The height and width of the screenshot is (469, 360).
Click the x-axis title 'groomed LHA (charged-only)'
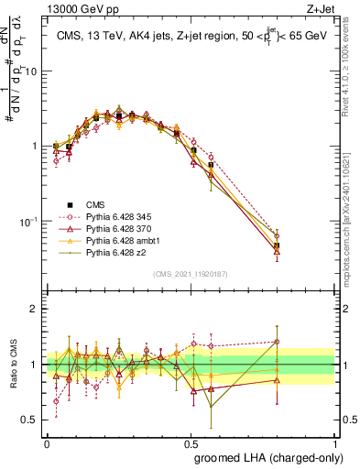263,457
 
